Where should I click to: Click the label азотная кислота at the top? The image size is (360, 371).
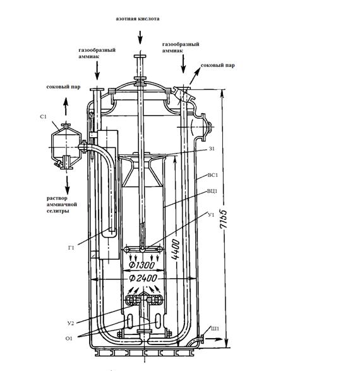point(138,19)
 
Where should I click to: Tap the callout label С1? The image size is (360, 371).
point(43,117)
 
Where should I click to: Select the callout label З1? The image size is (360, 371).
point(212,149)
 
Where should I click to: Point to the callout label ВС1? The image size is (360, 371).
point(213,175)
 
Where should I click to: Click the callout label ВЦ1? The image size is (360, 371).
point(212,191)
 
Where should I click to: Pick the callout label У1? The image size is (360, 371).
point(211,215)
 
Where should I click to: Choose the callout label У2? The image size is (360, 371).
point(71,323)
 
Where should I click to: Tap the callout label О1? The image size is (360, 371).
point(69,339)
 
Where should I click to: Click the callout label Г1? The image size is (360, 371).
point(71,248)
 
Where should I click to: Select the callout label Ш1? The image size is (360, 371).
point(215,329)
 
